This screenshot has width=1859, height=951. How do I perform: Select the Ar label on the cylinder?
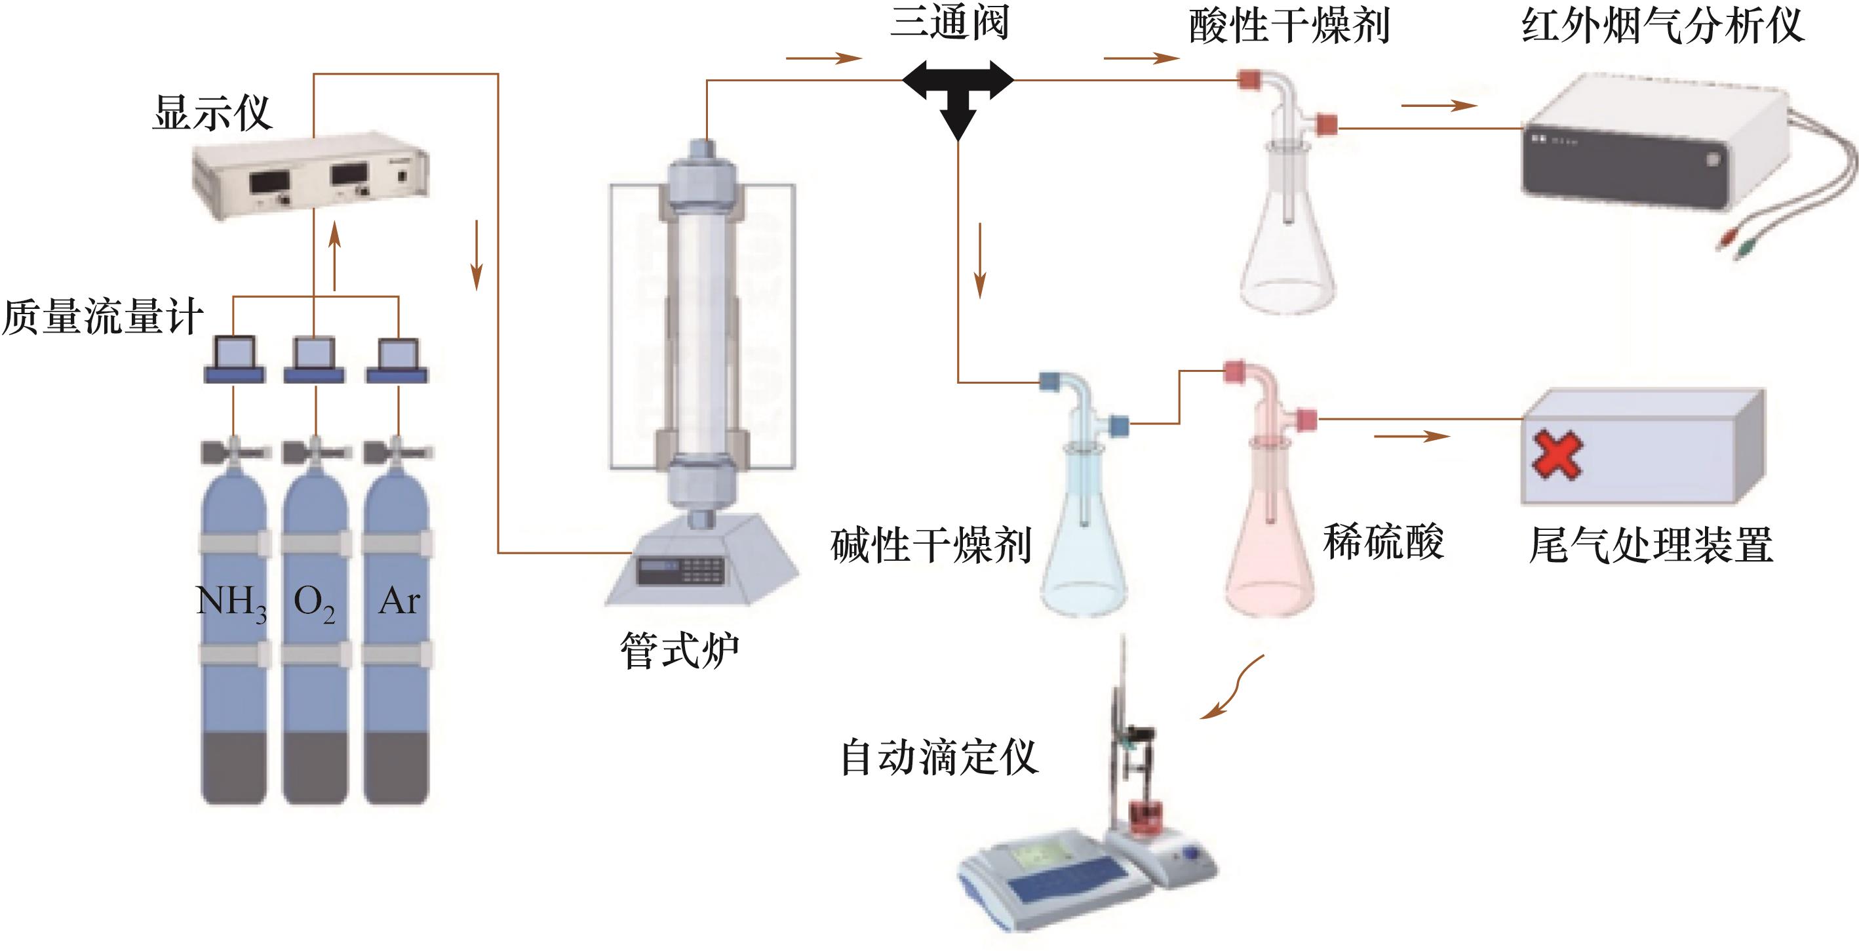tap(399, 601)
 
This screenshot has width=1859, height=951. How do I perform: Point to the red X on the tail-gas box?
tap(1557, 455)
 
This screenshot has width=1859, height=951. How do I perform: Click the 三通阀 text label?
tap(950, 22)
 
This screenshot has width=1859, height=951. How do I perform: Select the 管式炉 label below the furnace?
tap(680, 650)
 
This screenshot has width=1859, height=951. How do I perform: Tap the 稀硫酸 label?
tap(1383, 542)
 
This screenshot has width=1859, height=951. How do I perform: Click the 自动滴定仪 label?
tap(939, 758)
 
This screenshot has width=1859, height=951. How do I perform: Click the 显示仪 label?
tap(212, 113)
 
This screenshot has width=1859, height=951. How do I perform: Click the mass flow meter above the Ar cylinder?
tap(398, 359)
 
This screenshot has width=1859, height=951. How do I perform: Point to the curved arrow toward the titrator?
tap(1232, 687)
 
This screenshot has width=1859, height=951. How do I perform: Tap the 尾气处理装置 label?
tap(1651, 545)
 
